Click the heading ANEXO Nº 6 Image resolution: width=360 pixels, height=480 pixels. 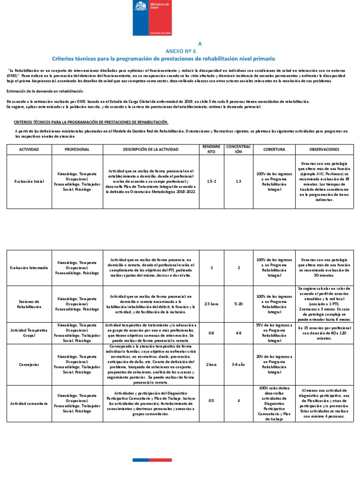point(180,50)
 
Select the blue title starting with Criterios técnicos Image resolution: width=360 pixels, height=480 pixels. point(163,58)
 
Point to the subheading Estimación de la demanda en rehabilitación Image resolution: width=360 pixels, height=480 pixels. point(45,91)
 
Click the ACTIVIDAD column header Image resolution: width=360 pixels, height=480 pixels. point(29,149)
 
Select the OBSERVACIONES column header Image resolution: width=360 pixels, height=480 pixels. point(324,149)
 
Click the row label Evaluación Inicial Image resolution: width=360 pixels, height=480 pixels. point(29,180)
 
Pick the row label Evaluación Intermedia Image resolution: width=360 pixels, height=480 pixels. point(29,268)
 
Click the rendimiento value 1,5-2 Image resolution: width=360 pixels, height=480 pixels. point(212,180)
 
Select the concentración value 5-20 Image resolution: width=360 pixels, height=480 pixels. point(239,303)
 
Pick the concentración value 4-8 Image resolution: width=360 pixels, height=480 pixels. point(239,333)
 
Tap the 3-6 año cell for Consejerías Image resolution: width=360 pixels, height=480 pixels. point(239,363)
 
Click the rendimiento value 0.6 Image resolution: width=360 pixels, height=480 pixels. point(212,333)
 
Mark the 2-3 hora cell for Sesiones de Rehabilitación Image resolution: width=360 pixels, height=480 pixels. point(212,303)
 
